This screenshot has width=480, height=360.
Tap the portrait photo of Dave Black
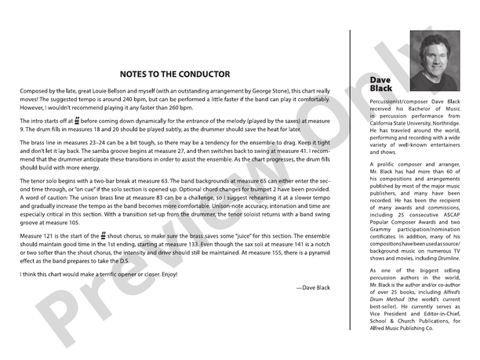click(435, 55)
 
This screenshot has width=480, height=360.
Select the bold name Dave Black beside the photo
click(381, 84)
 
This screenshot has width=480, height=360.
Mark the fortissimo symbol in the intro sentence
click(78, 122)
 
